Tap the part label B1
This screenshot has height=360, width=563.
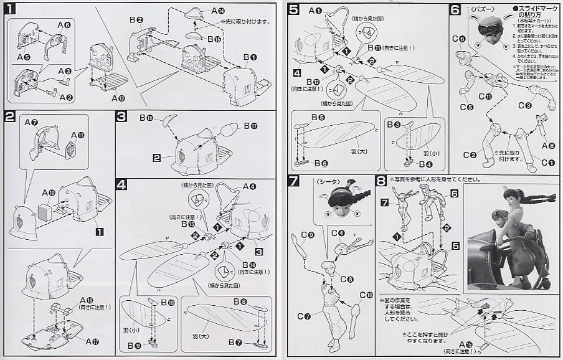point(249,57)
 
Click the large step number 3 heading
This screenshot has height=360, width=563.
point(122,116)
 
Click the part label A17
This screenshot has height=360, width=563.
point(92,341)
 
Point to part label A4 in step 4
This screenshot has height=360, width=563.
point(249,186)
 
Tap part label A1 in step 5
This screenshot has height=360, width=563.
point(315,10)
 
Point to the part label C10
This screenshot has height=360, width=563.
point(366,295)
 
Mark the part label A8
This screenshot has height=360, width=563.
point(547,146)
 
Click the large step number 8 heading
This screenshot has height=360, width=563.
point(381,181)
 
